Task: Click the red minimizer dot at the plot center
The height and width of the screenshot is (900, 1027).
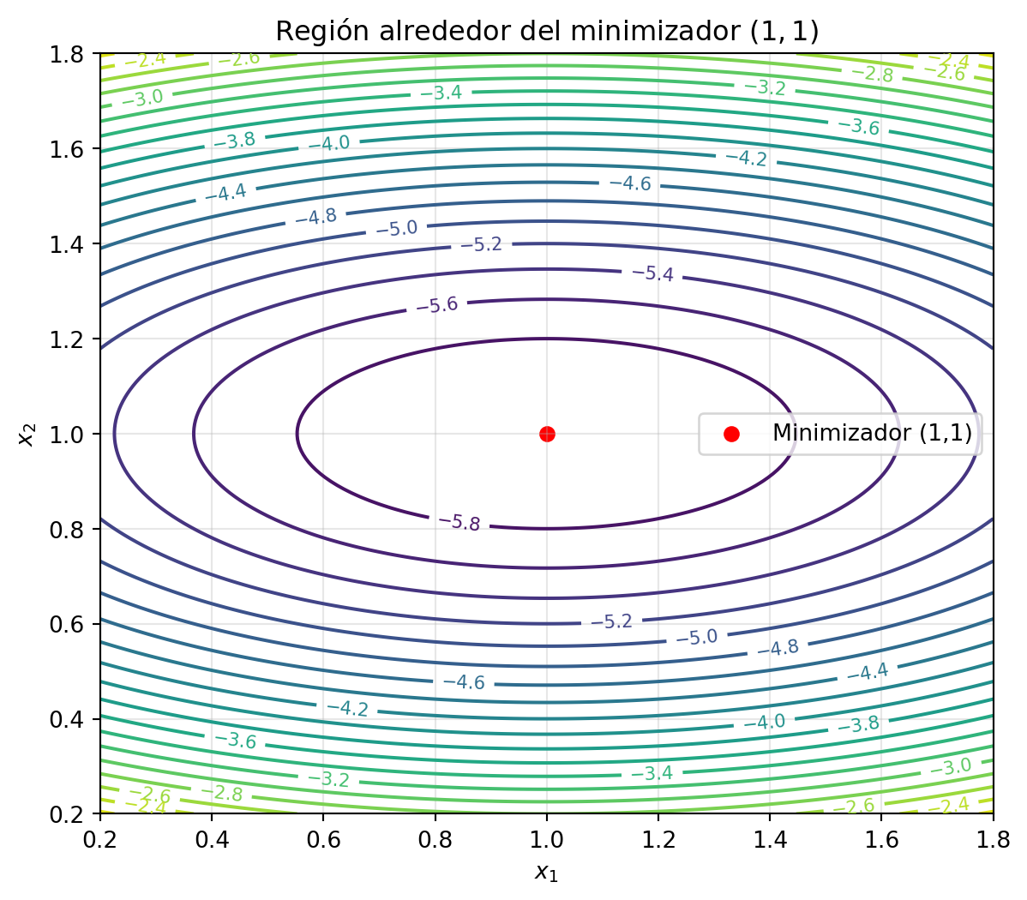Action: tap(547, 434)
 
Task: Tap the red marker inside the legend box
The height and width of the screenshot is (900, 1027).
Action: tap(730, 434)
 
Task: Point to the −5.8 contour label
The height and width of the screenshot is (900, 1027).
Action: tap(459, 523)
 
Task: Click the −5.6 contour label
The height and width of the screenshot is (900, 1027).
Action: tap(437, 305)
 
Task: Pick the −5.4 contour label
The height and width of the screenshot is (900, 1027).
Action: tap(652, 273)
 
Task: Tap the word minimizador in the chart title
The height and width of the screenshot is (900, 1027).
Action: tap(652, 31)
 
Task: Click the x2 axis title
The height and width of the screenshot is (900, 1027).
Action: tap(27, 435)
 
